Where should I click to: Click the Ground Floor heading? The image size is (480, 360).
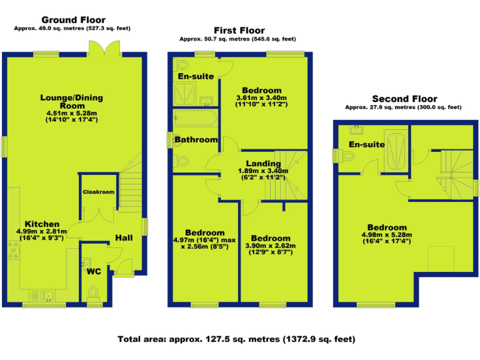(73, 21)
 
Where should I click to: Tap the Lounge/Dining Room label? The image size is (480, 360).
(71, 102)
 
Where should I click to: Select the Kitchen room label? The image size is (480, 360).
(42, 224)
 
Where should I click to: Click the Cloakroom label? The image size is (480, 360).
(99, 192)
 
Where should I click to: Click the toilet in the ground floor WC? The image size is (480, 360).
(94, 292)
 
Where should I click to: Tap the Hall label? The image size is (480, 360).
(124, 237)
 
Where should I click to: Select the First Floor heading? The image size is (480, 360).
(239, 30)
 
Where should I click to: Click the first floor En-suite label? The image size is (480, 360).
(196, 76)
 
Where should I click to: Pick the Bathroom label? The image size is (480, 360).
(196, 139)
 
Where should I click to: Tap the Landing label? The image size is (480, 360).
(262, 163)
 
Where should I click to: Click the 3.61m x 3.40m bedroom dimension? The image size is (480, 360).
(261, 98)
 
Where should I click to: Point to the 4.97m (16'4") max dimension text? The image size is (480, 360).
(204, 240)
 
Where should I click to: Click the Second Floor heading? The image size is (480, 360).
(404, 99)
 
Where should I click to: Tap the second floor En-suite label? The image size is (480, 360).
(366, 144)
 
